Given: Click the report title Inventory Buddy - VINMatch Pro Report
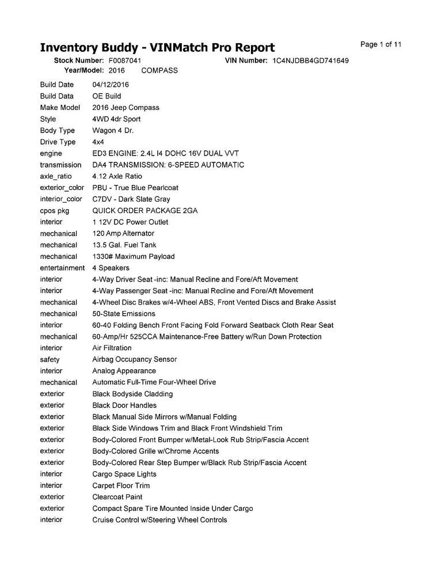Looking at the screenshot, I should pyautogui.click(x=157, y=47).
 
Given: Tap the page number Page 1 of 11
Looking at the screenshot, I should pyautogui.click(x=381, y=44).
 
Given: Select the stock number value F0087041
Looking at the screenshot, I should pyautogui.click(x=125, y=60).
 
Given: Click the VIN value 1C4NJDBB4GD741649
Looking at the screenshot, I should pyautogui.click(x=310, y=60).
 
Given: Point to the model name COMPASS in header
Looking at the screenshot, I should pyautogui.click(x=159, y=70).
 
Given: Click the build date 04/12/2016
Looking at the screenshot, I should pyautogui.click(x=111, y=85).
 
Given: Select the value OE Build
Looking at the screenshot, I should pyautogui.click(x=107, y=96).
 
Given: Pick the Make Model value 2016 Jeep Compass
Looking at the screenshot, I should pyautogui.click(x=125, y=108).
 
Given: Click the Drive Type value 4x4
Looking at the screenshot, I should pyautogui.click(x=98, y=142).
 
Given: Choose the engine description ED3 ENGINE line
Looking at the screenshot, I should pyautogui.click(x=165, y=153).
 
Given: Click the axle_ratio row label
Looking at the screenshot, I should pyautogui.click(x=56, y=176).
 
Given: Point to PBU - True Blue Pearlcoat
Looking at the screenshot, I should pyautogui.click(x=135, y=188).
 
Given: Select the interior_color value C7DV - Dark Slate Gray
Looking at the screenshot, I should pyautogui.click(x=131, y=199).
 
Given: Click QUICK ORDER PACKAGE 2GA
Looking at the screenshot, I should pyautogui.click(x=144, y=211).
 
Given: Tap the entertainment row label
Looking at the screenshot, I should pyautogui.click(x=62, y=268).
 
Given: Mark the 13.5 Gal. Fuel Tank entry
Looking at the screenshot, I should pyautogui.click(x=124, y=245).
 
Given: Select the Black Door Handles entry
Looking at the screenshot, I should pyautogui.click(x=124, y=406).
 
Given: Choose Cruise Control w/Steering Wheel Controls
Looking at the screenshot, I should pyautogui.click(x=159, y=520).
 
